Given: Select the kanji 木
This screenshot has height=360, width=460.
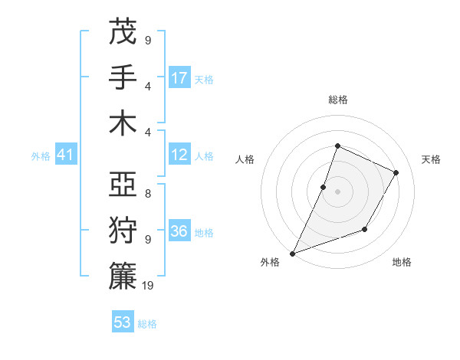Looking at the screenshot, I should coord(123,123).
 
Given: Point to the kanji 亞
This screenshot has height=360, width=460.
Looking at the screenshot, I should coord(123,185).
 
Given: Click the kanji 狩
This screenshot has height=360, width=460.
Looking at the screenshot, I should coord(123,231).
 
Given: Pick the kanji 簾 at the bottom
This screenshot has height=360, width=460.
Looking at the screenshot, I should coord(123,277).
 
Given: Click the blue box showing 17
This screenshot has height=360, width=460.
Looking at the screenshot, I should coord(179,78).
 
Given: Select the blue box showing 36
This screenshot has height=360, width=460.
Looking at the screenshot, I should coord(179,232).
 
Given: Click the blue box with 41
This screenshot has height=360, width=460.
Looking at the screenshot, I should coord(65,155).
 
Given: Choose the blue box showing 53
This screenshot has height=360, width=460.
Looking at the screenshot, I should coord(123,322).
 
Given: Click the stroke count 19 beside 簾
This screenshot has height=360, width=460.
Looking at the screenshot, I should coord(149,286).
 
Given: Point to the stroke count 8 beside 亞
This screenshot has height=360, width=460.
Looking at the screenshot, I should coord(147,194).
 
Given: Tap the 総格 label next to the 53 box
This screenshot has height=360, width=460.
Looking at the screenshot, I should coord(147,324).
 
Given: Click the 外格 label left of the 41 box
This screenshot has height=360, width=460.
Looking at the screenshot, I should coord(41,156).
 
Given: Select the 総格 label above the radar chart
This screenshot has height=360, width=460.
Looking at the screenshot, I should coord(338,100).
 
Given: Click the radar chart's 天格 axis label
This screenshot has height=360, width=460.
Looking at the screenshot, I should coord(431,159).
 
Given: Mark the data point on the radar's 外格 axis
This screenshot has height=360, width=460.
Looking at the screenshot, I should coord(292,254).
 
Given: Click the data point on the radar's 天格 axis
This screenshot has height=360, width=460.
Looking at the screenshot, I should coord(396,172).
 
